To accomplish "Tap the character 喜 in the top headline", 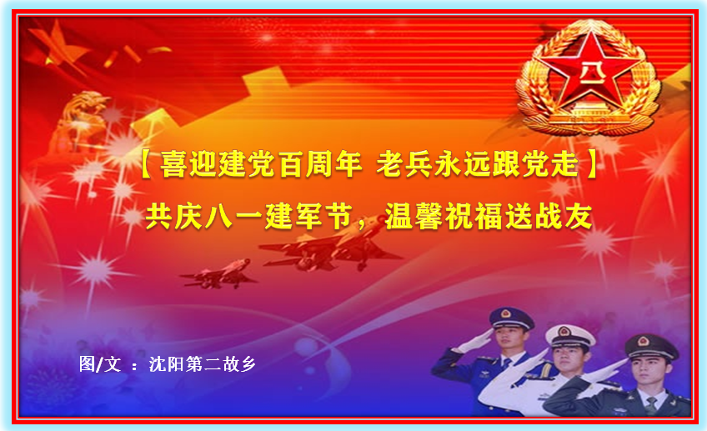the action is (173, 163).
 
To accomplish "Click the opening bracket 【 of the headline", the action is (147, 164).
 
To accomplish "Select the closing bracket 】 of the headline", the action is (591, 164).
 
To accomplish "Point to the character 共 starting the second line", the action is (159, 217).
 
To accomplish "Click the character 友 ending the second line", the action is (578, 217).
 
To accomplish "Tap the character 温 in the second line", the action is (399, 217).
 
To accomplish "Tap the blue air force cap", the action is (511, 318).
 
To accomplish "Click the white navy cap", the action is (570, 335).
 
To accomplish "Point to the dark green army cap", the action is (651, 346).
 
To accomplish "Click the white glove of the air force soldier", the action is (474, 341).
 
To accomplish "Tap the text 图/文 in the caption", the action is (100, 363).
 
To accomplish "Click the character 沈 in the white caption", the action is (158, 363).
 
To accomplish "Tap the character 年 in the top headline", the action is (348, 163).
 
